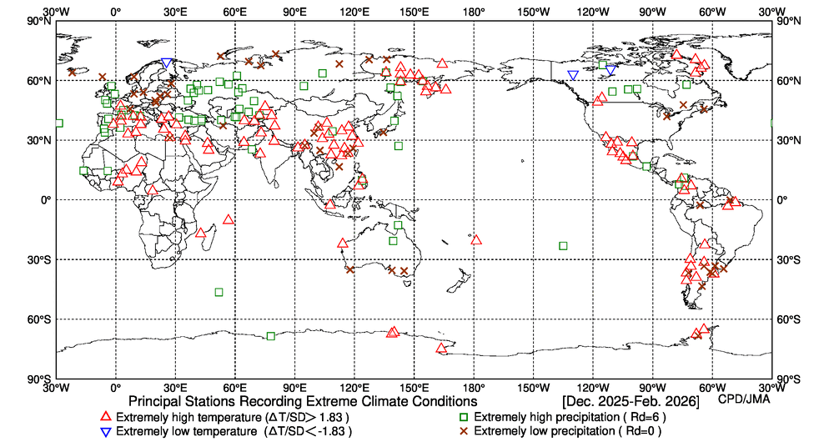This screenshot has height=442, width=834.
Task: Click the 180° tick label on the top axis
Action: pos(474,13)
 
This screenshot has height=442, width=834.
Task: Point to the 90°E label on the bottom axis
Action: pos(294,388)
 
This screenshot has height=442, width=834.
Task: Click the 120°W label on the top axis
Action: pos(593,13)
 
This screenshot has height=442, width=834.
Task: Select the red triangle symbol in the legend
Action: pos(105,416)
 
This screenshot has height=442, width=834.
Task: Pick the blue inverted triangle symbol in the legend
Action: pos(105,431)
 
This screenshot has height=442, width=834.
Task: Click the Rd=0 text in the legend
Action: pos(630,431)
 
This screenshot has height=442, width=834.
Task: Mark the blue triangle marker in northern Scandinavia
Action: pos(167,63)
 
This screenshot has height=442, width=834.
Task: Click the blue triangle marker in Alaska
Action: pos(572,75)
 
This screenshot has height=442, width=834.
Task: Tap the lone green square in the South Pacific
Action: pos(563,246)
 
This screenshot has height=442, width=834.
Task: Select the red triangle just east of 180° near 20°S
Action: pos(476,240)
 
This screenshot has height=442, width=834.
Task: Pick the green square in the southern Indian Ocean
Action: pos(219,292)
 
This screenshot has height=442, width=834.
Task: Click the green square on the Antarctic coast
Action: pos(270,336)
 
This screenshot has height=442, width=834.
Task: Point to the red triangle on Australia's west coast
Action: pos(343,244)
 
